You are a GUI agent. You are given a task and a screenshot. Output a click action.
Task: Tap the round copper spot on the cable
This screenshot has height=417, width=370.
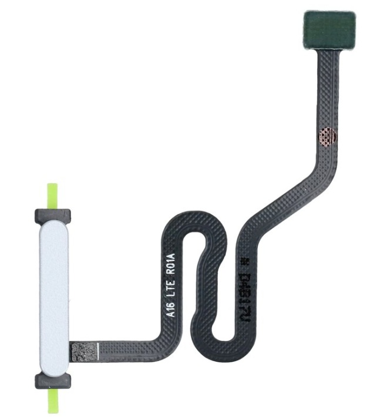[x=327, y=136]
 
